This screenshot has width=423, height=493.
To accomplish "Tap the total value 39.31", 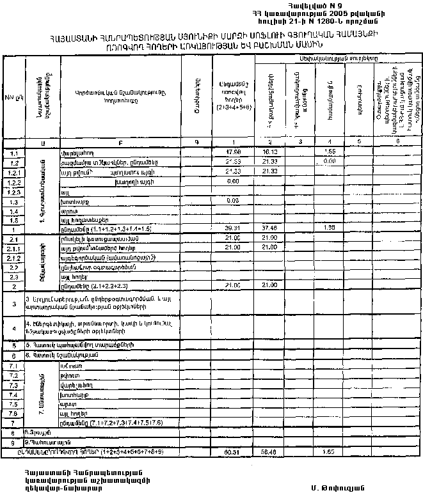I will [x=232, y=228].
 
